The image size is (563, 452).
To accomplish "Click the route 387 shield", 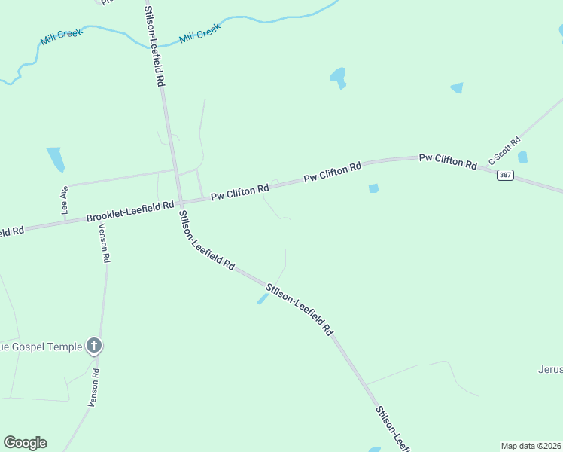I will click(x=505, y=174).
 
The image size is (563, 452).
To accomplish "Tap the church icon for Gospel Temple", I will click(x=93, y=346).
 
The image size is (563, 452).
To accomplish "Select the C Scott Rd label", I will click(x=504, y=151).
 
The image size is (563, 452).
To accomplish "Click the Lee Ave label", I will click(x=65, y=197).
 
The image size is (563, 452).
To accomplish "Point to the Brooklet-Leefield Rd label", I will click(x=129, y=211).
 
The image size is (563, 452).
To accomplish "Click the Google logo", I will click(x=25, y=443).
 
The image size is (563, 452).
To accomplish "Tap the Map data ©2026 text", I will click(x=531, y=446).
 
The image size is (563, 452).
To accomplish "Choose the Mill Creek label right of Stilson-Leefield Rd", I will click(x=199, y=33).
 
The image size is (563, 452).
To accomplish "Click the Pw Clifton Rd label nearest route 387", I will click(x=448, y=160).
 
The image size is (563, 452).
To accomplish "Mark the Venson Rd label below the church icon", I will click(x=94, y=388).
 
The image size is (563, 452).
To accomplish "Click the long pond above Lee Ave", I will click(x=55, y=159).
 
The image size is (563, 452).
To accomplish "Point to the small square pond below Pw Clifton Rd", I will click(x=373, y=188).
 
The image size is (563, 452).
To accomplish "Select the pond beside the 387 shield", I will click(x=522, y=157).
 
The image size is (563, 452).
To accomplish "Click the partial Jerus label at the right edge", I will click(x=549, y=370).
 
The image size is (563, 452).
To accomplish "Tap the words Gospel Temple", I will click(x=41, y=347).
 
